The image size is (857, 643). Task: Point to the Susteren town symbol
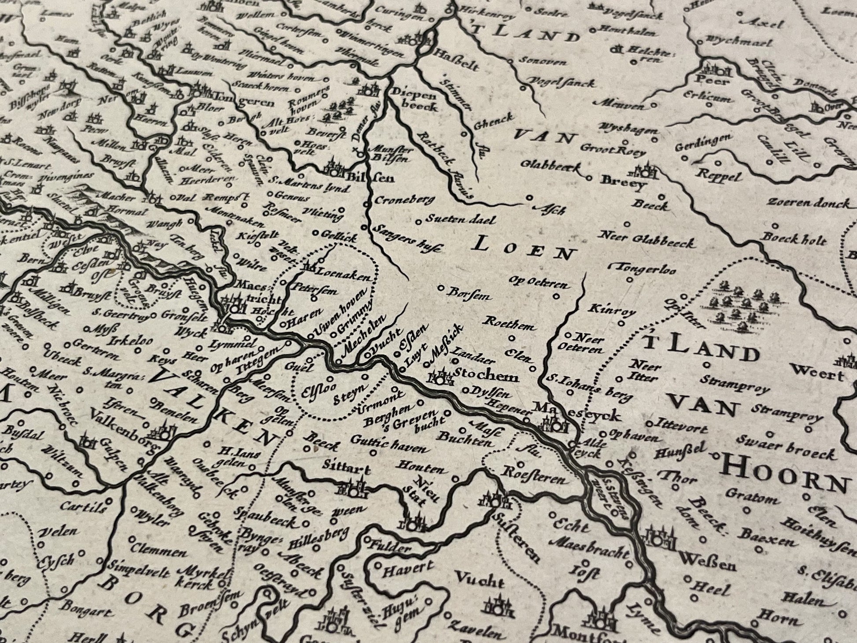[x=495, y=500]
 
